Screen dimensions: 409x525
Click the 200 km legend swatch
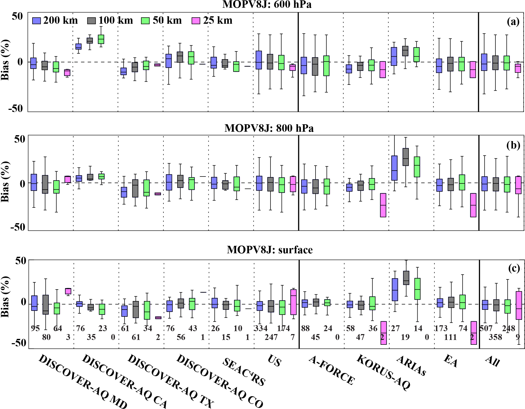[x=36, y=21]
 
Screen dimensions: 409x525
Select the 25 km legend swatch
[x=196, y=21]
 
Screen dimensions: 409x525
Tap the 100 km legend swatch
[x=91, y=21]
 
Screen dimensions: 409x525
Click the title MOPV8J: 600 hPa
[x=267, y=4]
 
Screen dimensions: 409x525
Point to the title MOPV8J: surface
[x=270, y=250]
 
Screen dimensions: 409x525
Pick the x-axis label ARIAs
[x=411, y=366]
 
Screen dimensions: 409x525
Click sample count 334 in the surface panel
[x=261, y=328]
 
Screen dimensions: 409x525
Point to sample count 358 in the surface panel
[x=495, y=337]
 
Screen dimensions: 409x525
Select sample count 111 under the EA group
[x=450, y=337]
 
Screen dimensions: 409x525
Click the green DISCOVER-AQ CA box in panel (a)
[x=101, y=39]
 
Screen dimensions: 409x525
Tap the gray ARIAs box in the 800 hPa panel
[x=406, y=157]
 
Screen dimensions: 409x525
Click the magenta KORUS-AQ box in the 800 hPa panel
[x=383, y=205]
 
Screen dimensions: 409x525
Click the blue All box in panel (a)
[x=484, y=62]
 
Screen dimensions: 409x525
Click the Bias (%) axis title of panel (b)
[x=5, y=182]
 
